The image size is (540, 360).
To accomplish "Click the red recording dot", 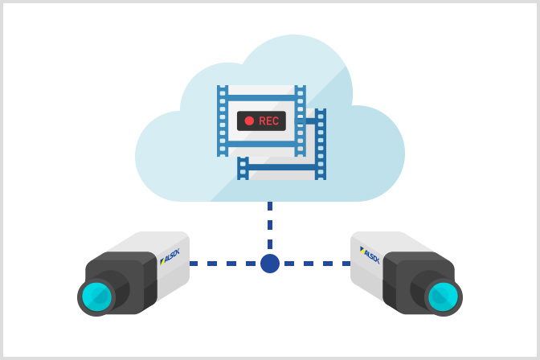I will coord(249,121).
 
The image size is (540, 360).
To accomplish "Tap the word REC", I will coord(268,121).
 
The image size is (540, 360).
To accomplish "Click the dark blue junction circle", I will coord(270,264).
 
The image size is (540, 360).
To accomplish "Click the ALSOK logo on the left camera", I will coord(170,255).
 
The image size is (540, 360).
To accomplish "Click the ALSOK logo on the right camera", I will coord(370,255).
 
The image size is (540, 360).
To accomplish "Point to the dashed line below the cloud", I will coord(270,225).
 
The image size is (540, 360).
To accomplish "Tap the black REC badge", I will coord(261,121).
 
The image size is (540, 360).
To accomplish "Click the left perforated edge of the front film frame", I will coord(223,121).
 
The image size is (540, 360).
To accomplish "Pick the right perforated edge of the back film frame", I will coord(321,145).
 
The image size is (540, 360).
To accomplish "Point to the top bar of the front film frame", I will coord(261,97).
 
